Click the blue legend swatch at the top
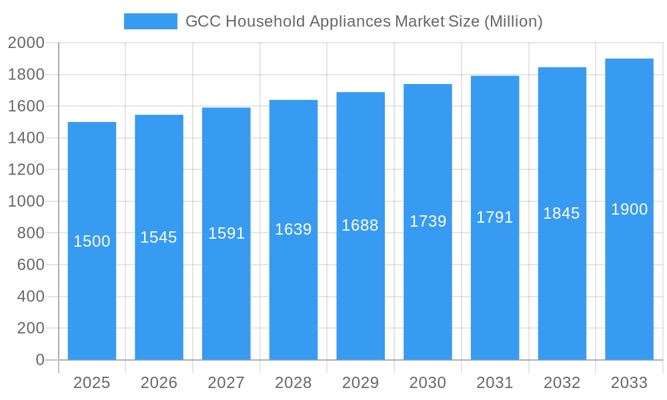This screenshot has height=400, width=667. (151, 21)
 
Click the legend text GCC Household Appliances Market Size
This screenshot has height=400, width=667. (364, 21)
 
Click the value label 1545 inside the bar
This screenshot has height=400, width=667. (159, 237)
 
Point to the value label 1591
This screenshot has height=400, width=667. (227, 233)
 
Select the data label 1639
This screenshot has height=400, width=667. (293, 229)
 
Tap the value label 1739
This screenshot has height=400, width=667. (428, 221)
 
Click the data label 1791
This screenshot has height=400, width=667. (495, 217)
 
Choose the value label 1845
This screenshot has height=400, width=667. (562, 213)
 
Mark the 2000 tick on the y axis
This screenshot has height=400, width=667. (26, 43)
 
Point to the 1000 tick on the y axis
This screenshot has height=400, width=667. (26, 201)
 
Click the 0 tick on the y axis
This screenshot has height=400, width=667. (39, 360)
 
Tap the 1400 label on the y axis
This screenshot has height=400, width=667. (26, 138)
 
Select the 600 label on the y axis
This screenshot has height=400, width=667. (31, 265)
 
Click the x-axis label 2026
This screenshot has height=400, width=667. (159, 383)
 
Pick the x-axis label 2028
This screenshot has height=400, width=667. (293, 383)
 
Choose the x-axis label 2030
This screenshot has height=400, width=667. (428, 383)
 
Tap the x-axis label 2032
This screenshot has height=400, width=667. (562, 383)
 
